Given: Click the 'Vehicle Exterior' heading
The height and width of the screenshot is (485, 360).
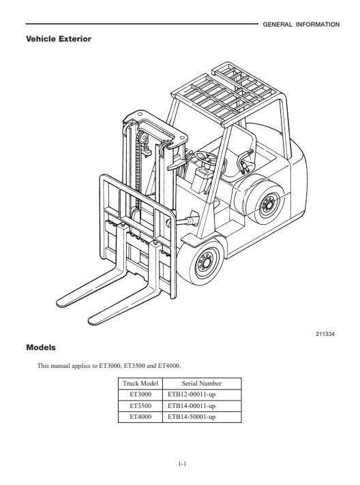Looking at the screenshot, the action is [59, 39].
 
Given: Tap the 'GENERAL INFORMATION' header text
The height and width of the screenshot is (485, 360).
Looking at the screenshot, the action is [301, 25].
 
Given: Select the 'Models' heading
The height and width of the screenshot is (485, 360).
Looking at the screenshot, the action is [41, 347].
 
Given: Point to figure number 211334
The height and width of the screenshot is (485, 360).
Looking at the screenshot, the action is [325, 334].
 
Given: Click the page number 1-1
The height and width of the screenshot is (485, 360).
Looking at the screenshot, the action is [182, 464].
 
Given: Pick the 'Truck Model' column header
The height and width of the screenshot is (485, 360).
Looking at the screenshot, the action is [140, 384].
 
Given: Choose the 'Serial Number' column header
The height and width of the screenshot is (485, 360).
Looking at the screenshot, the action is [202, 384].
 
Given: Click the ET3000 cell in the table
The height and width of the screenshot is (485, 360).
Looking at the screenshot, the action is [140, 394].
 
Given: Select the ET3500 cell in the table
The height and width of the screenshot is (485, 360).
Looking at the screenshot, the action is [140, 405].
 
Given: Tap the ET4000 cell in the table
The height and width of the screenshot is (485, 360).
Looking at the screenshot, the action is [140, 417].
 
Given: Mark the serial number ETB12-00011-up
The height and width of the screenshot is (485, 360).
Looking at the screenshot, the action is [192, 394].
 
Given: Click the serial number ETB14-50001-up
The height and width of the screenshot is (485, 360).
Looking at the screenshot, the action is [192, 417].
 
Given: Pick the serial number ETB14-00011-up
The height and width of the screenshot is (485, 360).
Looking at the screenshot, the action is [192, 406].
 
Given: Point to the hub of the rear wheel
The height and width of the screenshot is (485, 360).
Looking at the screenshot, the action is [267, 204].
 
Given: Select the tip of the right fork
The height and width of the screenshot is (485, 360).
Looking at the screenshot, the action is [91, 321].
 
